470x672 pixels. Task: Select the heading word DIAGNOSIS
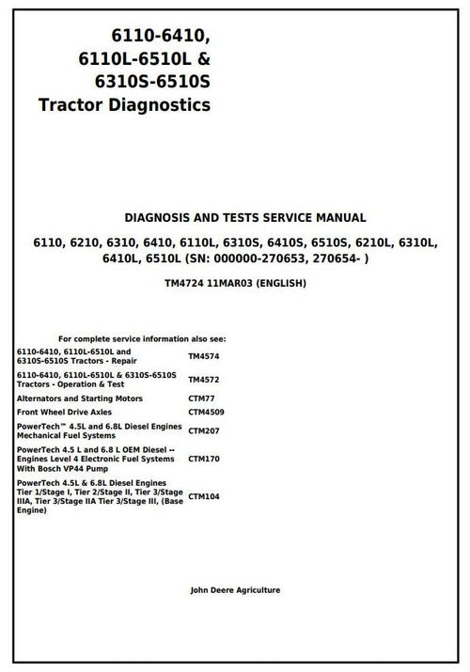156,217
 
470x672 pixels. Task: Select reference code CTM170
204,461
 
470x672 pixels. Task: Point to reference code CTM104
204,495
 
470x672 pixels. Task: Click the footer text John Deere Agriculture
235,590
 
